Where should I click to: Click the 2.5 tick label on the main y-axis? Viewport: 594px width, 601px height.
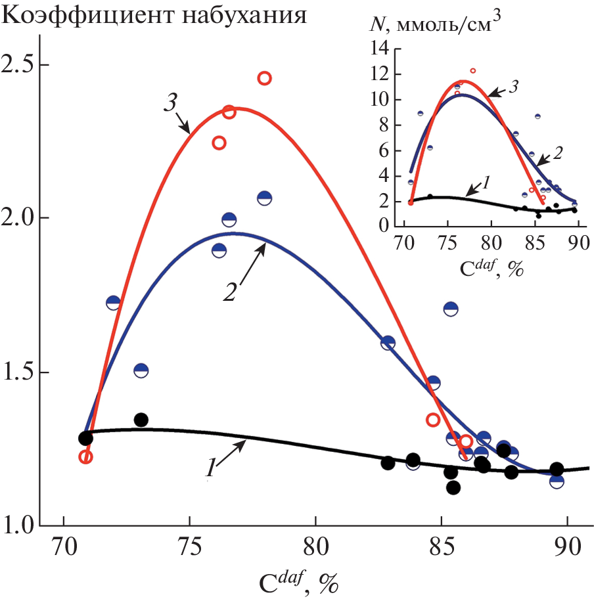click(x=19, y=66)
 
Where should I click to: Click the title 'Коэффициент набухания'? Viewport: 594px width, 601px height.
click(x=155, y=14)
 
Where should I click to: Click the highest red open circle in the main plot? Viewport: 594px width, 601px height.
click(x=264, y=78)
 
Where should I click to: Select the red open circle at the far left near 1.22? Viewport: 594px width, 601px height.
click(x=85, y=456)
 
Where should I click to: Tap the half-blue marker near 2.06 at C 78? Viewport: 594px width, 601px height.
click(x=264, y=198)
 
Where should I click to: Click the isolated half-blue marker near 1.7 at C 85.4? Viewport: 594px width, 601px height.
click(x=451, y=309)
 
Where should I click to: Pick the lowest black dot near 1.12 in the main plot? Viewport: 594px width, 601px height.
click(x=453, y=487)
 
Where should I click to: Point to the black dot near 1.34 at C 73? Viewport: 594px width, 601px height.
click(x=141, y=420)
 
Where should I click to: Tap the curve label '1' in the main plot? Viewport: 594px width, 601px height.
click(x=212, y=469)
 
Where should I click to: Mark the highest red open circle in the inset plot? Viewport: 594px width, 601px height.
click(x=472, y=70)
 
